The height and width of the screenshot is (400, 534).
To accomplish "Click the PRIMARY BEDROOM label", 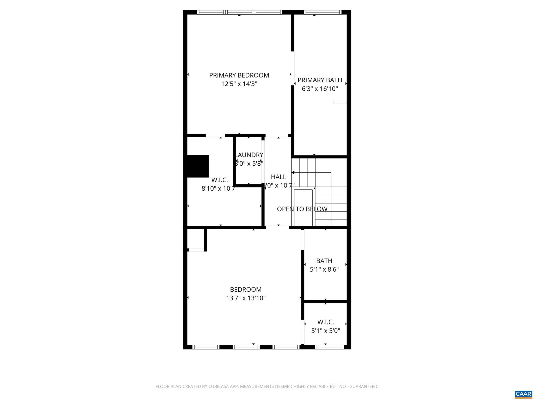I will click(x=239, y=75).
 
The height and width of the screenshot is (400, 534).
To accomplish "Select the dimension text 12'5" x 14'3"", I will click(x=239, y=84).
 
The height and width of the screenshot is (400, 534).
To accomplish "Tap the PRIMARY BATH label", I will click(x=320, y=80).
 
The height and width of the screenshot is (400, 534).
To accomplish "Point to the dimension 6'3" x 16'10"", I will click(x=320, y=89).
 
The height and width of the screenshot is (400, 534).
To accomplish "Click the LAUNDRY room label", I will click(x=249, y=155).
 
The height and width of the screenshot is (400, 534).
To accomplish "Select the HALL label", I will click(x=278, y=177).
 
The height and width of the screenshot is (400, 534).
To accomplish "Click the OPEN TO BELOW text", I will click(x=302, y=209).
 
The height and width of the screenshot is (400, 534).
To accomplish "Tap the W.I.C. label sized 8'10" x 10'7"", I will click(x=219, y=180).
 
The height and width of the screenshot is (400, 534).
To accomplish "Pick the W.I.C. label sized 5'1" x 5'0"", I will click(x=325, y=322).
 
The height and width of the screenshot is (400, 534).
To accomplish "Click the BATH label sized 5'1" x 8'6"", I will click(x=324, y=261).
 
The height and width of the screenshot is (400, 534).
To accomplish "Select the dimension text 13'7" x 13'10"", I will click(x=246, y=298).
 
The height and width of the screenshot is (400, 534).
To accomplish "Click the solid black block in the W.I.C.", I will click(x=198, y=166).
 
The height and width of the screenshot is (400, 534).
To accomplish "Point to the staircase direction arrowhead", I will click(x=293, y=172).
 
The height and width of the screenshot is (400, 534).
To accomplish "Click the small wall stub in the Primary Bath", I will click(x=339, y=102).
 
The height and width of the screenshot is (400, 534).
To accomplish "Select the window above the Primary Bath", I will click(x=322, y=12).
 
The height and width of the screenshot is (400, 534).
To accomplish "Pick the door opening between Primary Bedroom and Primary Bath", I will click(x=293, y=68).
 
